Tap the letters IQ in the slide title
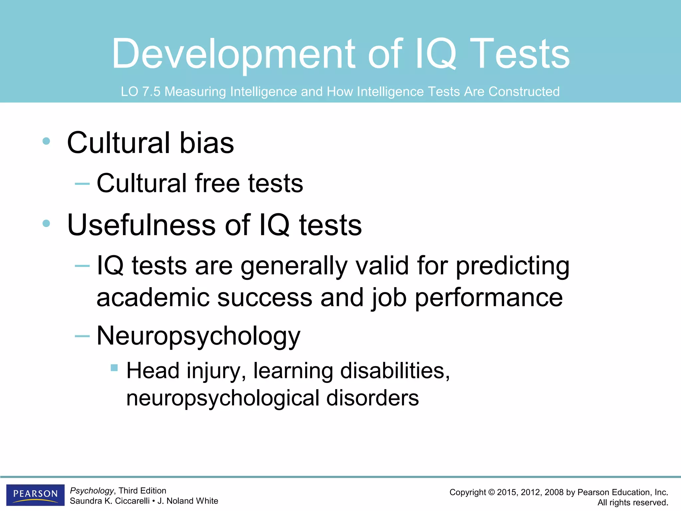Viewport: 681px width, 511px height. click(x=436, y=54)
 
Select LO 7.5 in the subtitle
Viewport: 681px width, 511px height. click(x=141, y=91)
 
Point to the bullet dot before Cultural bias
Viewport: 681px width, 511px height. click(x=46, y=141)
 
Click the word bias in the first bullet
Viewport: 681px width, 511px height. click(x=206, y=143)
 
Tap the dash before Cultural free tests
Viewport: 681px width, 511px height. click(x=82, y=183)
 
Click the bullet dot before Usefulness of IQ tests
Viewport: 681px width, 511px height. click(x=46, y=224)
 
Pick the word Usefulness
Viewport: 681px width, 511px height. click(x=142, y=225)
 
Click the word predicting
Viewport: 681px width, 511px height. click(x=512, y=266)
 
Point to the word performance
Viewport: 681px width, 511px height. click(x=489, y=298)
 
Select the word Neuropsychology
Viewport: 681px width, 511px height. click(x=199, y=336)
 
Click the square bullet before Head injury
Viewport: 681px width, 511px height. click(x=114, y=368)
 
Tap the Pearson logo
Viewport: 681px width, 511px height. click(x=35, y=494)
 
